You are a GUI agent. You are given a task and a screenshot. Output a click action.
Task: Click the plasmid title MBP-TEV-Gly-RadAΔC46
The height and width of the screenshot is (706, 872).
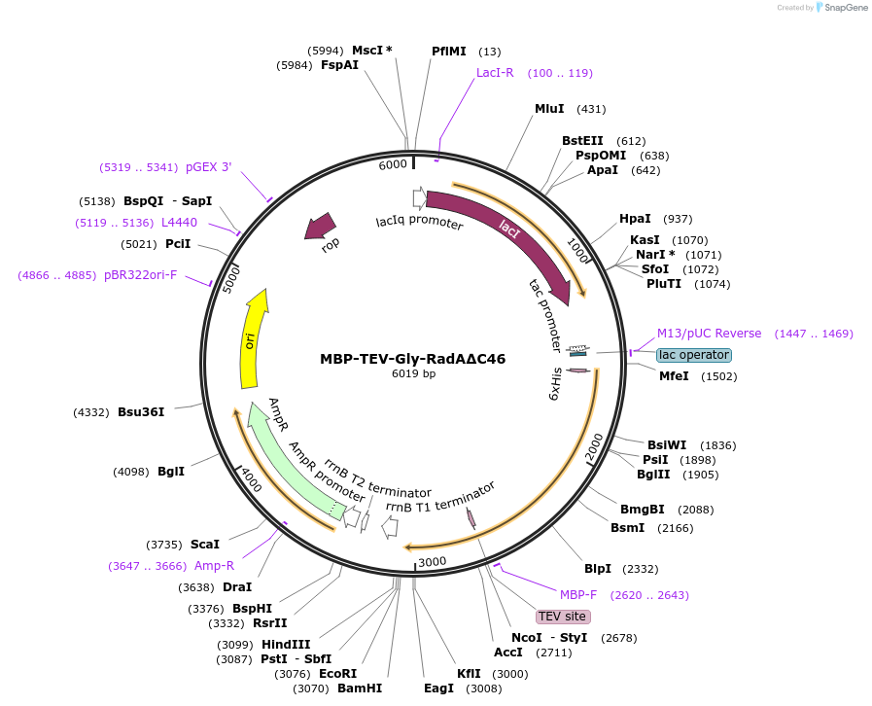[x=412, y=359]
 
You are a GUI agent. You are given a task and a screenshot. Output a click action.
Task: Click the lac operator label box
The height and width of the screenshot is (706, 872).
[x=694, y=355]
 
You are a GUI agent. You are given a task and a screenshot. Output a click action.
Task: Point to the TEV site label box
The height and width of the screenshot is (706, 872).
[x=563, y=617]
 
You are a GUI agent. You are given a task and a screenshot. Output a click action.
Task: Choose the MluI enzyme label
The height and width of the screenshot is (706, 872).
[x=549, y=109]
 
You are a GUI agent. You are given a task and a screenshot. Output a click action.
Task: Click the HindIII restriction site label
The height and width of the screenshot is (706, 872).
[x=286, y=645]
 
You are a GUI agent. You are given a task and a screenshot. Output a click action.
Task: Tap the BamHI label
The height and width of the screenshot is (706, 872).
[x=360, y=688]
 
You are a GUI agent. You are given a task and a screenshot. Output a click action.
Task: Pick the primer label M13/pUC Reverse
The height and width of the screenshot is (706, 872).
[x=709, y=334]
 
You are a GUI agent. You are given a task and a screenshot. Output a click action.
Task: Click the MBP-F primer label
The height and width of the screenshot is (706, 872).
[x=578, y=594]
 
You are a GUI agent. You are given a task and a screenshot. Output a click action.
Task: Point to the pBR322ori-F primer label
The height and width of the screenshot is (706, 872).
[x=141, y=275]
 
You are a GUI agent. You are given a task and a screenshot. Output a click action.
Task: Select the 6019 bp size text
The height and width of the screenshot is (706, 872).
[x=413, y=373]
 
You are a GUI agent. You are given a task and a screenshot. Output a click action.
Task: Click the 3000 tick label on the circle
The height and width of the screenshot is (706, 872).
[x=432, y=561]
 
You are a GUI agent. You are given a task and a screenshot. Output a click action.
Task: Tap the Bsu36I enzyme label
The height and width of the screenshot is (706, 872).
[x=141, y=412]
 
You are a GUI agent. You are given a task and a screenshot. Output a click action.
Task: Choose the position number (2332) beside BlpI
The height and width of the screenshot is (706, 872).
[x=641, y=569]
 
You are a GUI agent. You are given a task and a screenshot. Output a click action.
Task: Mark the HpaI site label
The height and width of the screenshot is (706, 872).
[x=636, y=219]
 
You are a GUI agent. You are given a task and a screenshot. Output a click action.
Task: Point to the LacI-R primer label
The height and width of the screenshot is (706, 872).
[x=495, y=73]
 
